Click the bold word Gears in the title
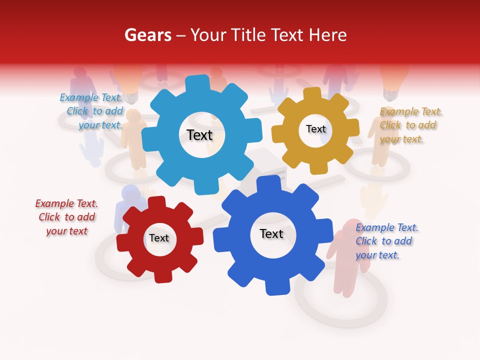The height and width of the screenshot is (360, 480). pos(148,35)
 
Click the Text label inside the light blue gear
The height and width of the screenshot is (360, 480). pos(199,135)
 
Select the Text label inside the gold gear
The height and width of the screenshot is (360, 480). pos(315,129)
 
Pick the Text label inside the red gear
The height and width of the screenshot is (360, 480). pos(159,238)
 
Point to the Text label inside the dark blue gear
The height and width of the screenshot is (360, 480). pos(271,233)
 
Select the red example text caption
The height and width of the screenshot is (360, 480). pos(66,217)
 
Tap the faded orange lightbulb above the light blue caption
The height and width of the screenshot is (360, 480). pos(129,80)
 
